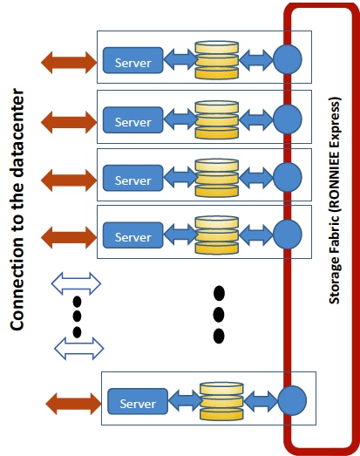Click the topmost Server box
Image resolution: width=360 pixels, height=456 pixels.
tap(132, 60)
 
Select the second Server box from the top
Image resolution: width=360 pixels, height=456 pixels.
tap(132, 119)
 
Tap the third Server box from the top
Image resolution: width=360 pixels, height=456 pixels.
tap(132, 178)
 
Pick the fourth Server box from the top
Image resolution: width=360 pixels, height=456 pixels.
tap(132, 235)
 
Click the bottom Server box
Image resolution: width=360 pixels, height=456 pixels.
tap(138, 401)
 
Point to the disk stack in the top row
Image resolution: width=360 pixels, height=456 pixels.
tap(217, 60)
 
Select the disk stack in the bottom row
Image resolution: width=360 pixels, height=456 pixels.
tap(221, 401)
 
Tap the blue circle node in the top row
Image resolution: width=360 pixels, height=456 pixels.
tap(288, 59)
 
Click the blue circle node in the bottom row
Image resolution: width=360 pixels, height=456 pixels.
tap(292, 400)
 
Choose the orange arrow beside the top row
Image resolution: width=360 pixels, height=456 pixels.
tap(69, 62)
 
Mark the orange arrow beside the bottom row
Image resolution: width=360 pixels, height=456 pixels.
tap(73, 404)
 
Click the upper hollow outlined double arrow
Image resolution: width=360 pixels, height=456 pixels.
tap(76, 283)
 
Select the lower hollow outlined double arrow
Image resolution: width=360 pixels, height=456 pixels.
tap(79, 349)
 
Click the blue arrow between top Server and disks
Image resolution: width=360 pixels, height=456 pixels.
tap(180, 59)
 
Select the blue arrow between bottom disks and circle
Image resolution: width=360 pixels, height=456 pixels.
tap(261, 401)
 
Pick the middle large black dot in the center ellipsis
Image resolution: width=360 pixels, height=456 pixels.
tap(219, 315)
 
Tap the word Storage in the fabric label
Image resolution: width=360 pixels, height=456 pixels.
tap(335, 281)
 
